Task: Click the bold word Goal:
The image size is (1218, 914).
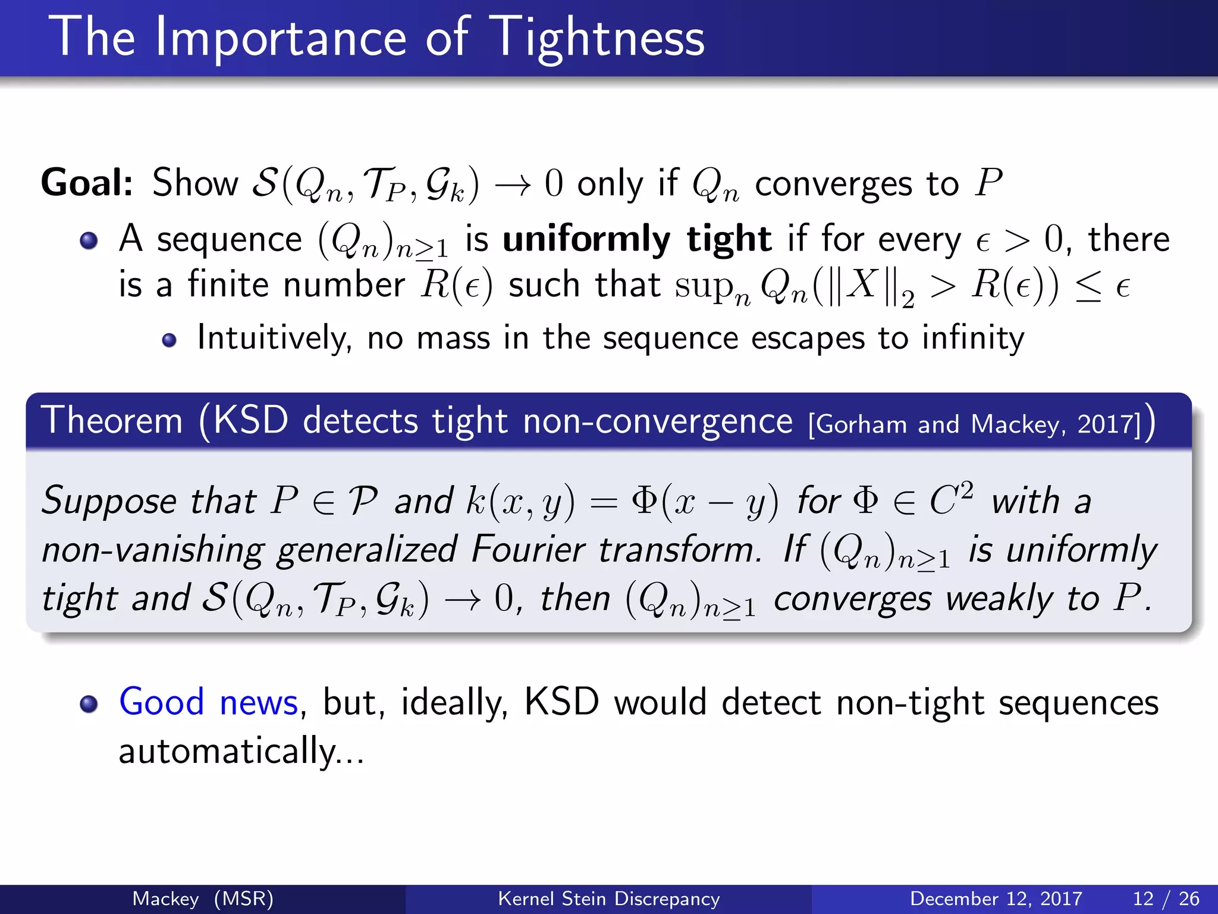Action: [x=87, y=183]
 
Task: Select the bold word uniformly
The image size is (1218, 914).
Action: [x=586, y=239]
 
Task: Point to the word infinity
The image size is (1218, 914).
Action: [x=973, y=339]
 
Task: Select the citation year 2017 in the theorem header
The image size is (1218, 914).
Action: [x=1108, y=424]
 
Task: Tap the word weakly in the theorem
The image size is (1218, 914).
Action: [x=999, y=598]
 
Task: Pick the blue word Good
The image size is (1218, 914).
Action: [x=162, y=702]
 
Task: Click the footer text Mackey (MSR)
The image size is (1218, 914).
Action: [x=203, y=899]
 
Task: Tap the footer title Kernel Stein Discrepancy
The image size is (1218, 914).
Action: [x=608, y=899]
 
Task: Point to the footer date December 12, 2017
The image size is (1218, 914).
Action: [x=996, y=899]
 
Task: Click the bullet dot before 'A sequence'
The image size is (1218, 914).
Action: [x=89, y=241]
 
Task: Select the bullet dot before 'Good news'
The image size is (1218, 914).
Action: [x=89, y=704]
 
